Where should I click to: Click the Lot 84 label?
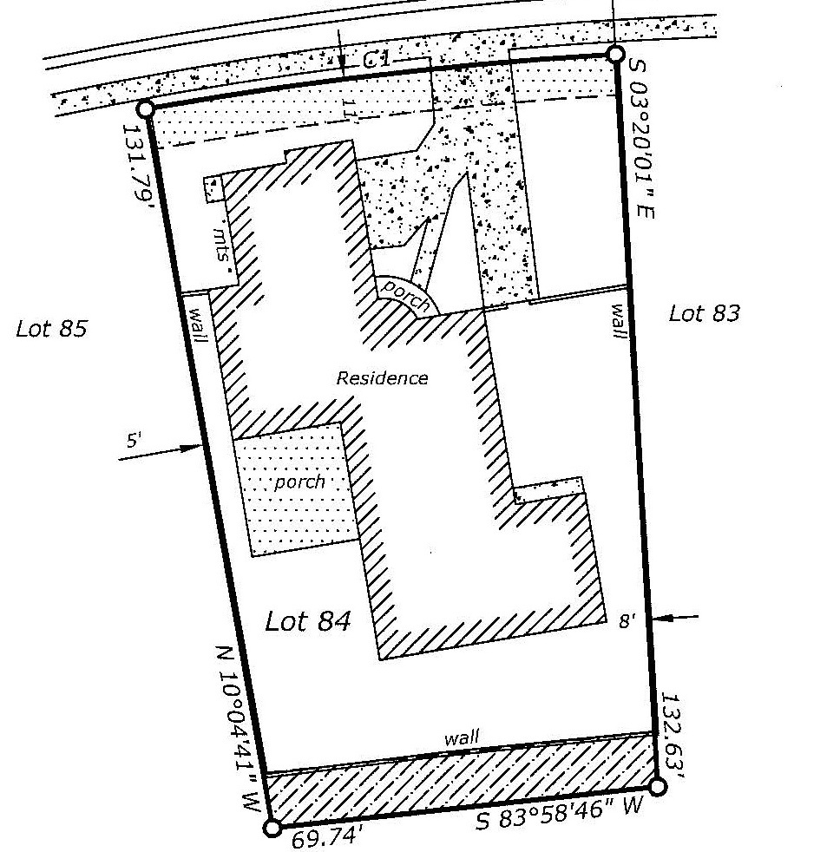(308, 621)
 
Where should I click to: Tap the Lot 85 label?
(51, 329)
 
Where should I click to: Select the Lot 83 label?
(704, 313)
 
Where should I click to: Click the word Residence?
(382, 378)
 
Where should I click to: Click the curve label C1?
(376, 59)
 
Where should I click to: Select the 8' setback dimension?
(627, 620)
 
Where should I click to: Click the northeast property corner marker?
(614, 55)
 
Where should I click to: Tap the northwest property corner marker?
(146, 108)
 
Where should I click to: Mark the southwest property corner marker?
(272, 828)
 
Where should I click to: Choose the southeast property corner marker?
(657, 786)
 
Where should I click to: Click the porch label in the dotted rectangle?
(299, 482)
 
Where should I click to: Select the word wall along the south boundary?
(462, 739)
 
